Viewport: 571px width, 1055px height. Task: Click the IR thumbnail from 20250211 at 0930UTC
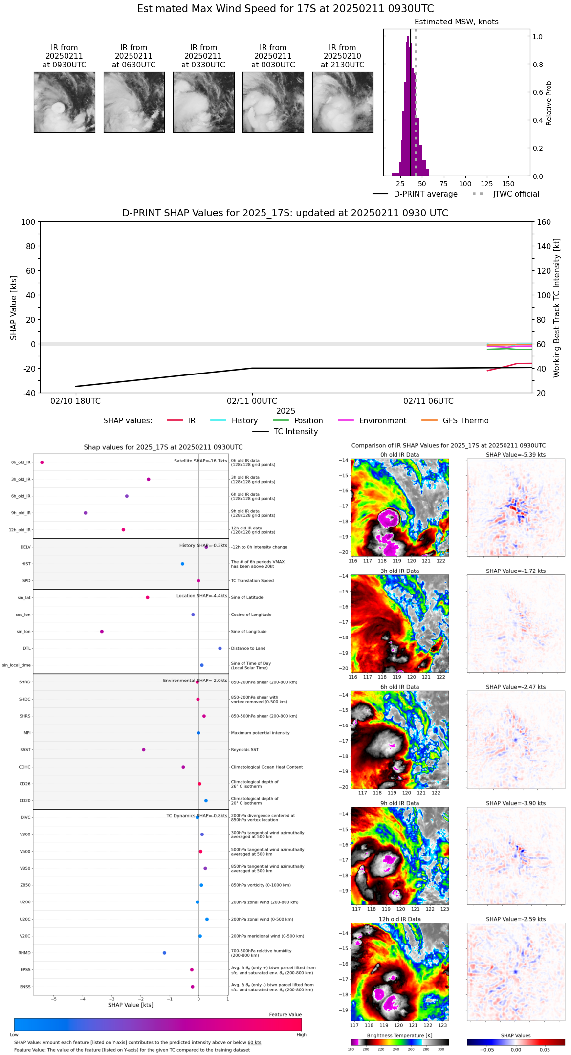tap(64, 102)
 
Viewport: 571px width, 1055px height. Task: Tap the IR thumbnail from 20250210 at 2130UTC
tap(343, 102)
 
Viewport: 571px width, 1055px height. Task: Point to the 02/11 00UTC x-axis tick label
tap(252, 401)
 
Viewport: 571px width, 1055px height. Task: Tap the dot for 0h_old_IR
tap(42, 462)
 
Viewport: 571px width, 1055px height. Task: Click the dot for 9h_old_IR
tap(86, 513)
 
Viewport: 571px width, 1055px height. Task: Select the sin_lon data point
tap(102, 632)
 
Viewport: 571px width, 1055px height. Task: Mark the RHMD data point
tap(164, 953)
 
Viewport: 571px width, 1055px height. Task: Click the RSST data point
tap(144, 750)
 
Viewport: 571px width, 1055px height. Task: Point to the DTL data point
tap(220, 648)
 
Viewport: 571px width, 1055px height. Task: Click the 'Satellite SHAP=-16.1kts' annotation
tap(200, 461)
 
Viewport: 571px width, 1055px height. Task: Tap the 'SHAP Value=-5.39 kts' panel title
tap(516, 455)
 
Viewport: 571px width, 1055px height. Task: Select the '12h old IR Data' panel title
tap(399, 919)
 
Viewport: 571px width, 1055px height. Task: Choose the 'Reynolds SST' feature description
tap(244, 750)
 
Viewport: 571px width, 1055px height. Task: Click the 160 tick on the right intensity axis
tap(544, 222)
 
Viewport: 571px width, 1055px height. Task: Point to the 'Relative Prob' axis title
tap(549, 103)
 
